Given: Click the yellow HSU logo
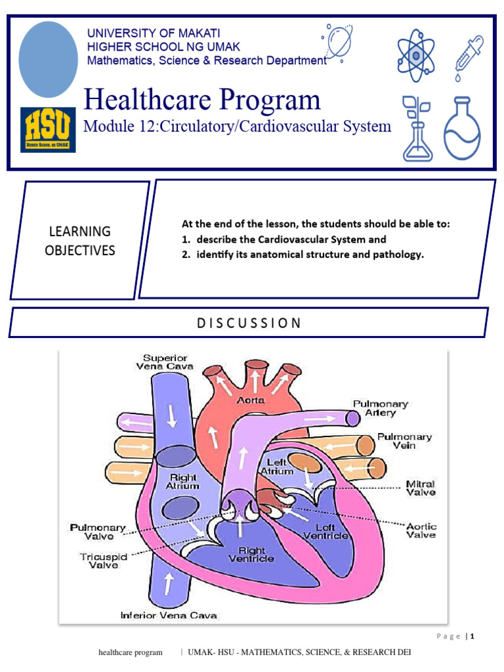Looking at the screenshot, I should click(48, 129).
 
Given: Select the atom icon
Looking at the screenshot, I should click(415, 56).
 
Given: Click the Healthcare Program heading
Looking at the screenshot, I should click(203, 100).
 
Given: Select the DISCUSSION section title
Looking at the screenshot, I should click(249, 323).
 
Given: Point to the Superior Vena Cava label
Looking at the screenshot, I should click(164, 362).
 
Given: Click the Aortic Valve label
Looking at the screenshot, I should click(421, 530).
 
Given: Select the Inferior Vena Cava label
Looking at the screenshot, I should click(169, 615).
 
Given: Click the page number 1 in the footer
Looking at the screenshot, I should click(471, 635).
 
